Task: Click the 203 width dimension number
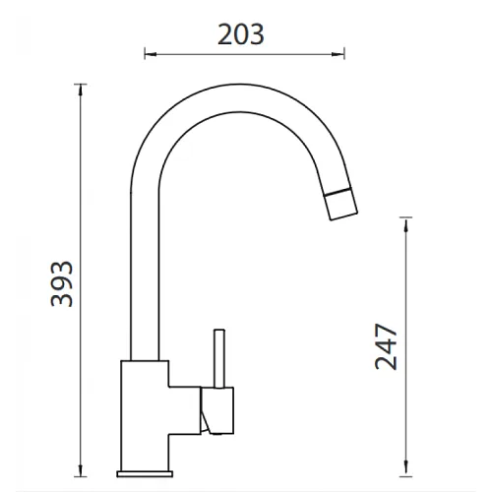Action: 241,34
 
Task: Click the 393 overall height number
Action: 62,284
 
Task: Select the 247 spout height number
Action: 386,347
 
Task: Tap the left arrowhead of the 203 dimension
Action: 151,54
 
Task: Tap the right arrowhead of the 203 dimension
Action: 338,54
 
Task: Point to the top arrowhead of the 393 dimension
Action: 81,91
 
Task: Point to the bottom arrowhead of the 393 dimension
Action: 81,470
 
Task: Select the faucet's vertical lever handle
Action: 219,358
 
